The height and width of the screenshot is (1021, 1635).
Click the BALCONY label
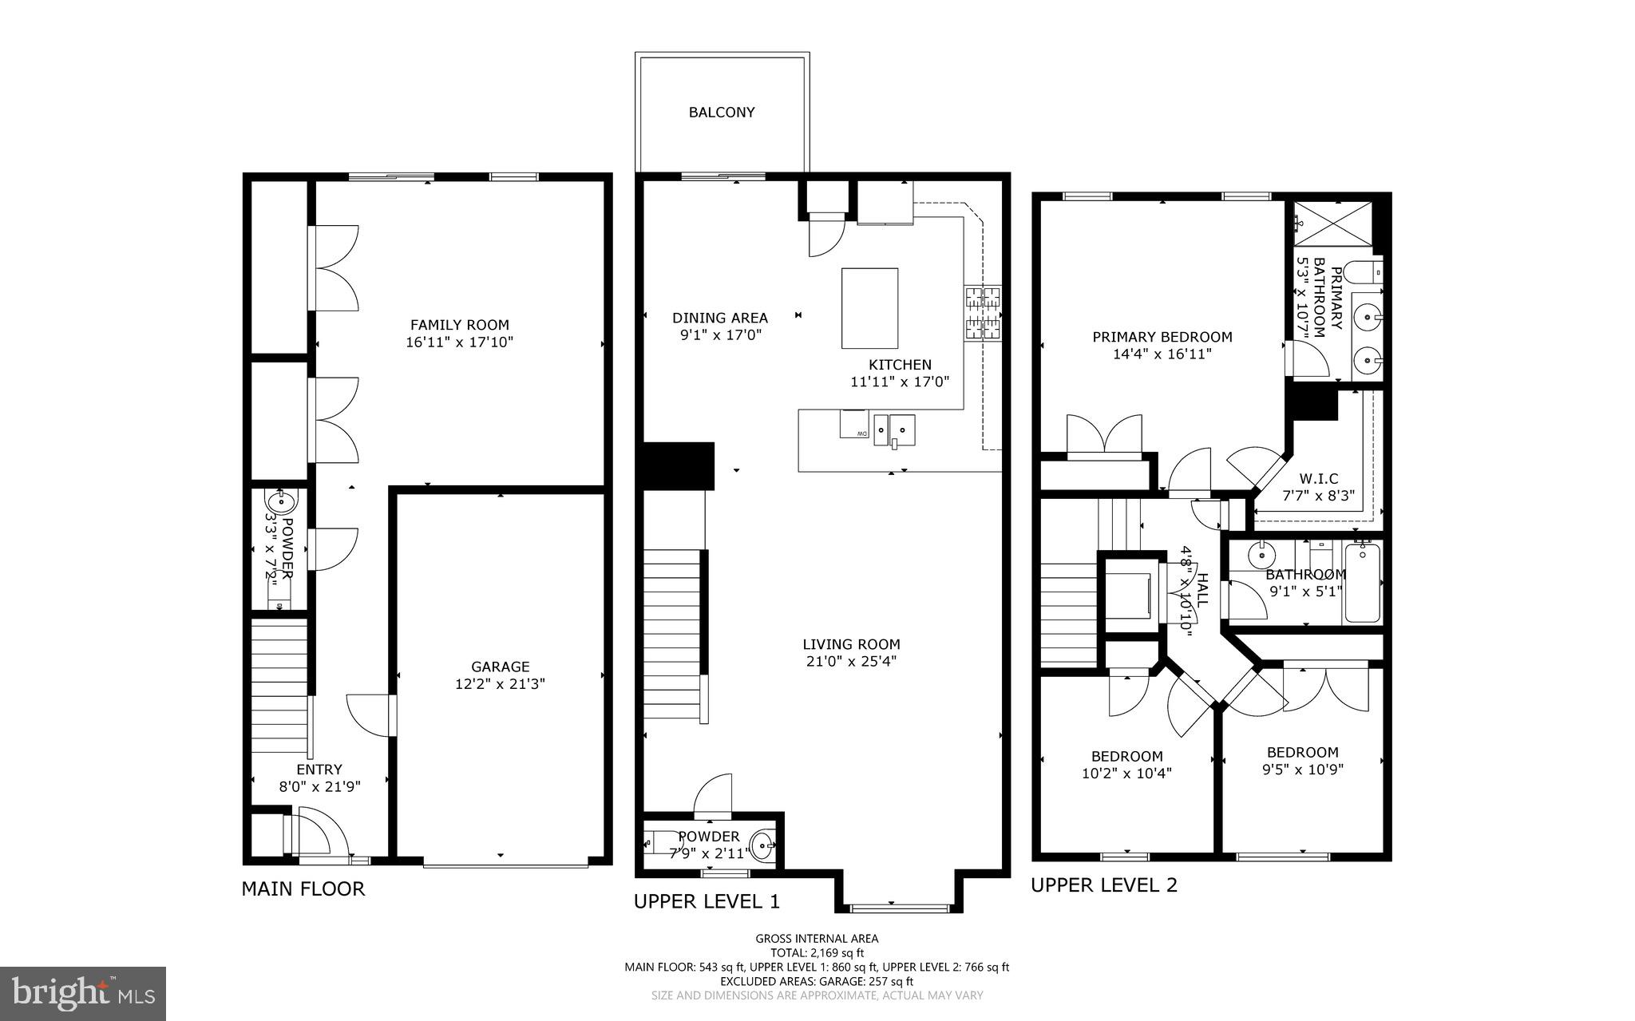722,113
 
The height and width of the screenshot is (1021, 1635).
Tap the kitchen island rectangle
869,308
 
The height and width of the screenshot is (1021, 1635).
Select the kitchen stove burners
983,313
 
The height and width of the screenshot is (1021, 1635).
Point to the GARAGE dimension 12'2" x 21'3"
500,684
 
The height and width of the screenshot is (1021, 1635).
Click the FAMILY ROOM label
459,325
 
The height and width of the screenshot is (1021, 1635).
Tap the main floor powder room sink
280,503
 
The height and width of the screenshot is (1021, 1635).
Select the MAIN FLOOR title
303,889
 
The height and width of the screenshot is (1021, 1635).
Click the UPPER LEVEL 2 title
1103,885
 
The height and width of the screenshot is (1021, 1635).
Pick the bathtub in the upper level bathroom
1363,583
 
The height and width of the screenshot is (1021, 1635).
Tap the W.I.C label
1318,478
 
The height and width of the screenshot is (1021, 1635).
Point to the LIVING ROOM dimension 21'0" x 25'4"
851,662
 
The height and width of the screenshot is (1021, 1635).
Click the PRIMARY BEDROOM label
1162,337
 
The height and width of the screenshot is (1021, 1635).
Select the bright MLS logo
83,993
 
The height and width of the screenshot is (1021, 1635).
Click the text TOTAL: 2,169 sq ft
817,952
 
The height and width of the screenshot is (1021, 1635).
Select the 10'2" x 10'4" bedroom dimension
1126,774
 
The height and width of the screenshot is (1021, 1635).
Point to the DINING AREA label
719,318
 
